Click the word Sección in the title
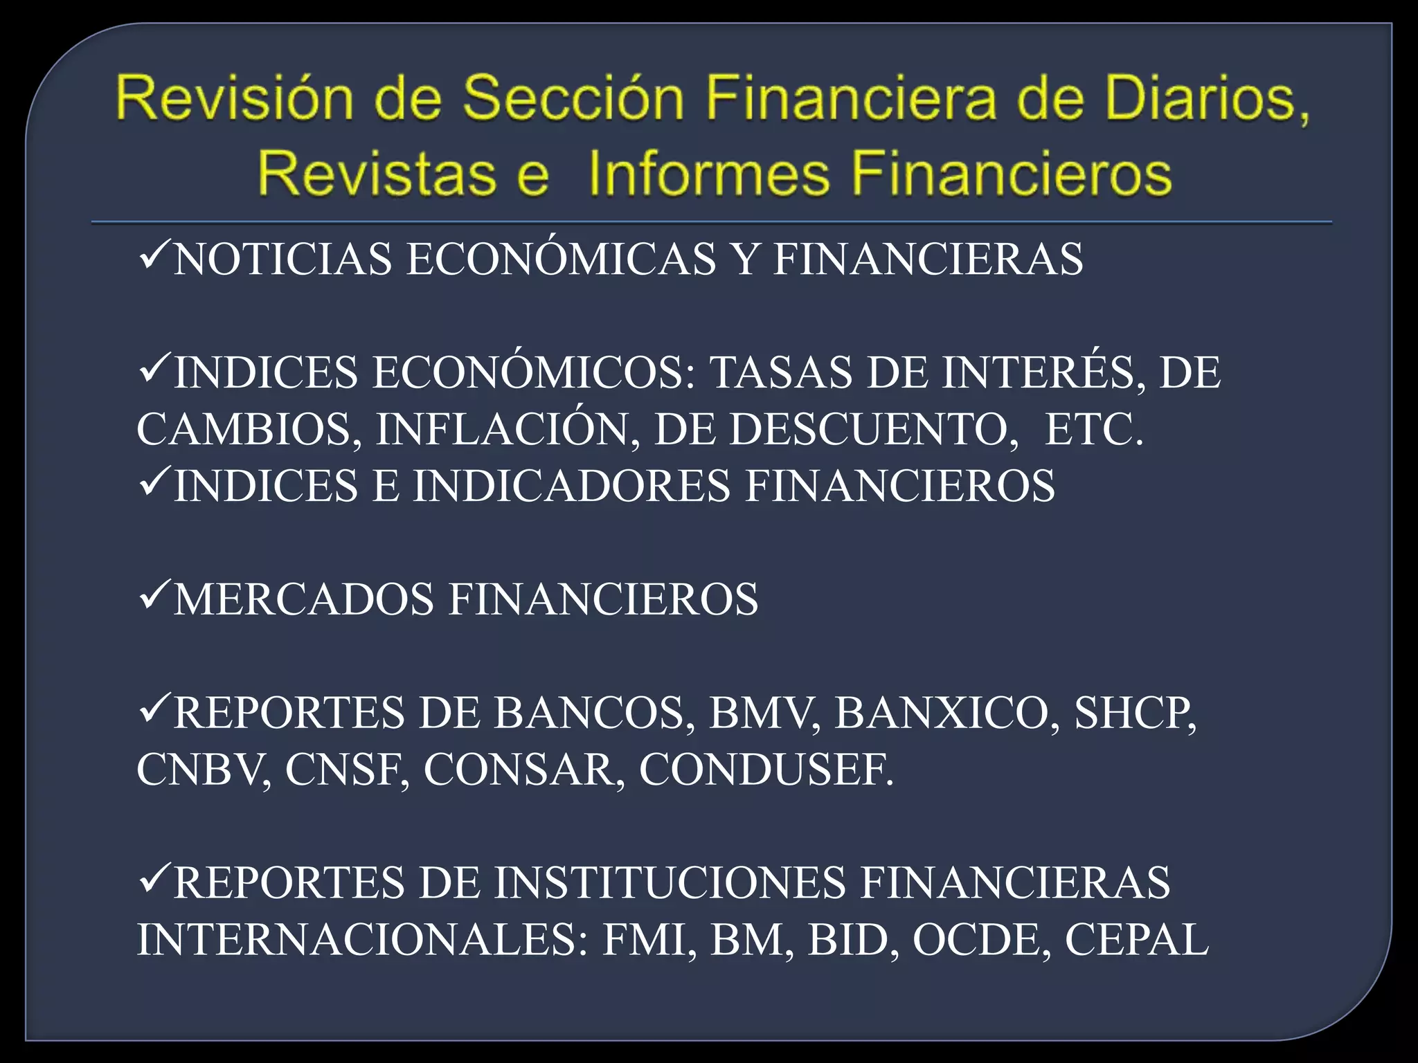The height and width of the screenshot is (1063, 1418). coord(573,98)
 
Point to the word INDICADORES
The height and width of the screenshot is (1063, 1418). coord(571,486)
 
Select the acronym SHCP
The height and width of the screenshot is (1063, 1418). coord(1135,713)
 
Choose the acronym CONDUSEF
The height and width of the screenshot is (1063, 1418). coord(766,770)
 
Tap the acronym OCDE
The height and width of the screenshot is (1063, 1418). coord(977,940)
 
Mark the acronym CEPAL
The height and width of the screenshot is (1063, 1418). coord(1136,940)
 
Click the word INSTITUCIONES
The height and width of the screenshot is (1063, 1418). coord(669,883)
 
